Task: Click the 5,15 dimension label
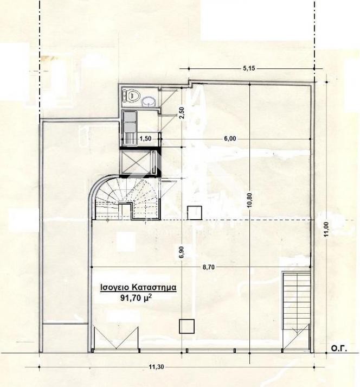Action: coord(249,68)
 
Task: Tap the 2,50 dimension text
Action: coord(182,112)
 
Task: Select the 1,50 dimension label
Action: coord(145,138)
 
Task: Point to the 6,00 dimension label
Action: coord(230,138)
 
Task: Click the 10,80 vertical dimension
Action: coord(249,200)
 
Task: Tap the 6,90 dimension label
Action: coord(182,252)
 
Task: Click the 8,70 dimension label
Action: coord(209,267)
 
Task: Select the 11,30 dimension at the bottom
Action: coord(156,367)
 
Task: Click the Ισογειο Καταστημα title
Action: coord(138,288)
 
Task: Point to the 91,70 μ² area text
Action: coord(136,297)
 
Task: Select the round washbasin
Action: coord(149,101)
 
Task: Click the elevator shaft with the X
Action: coord(135,162)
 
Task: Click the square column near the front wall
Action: coord(187,326)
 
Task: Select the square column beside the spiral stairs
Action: coord(195,213)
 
